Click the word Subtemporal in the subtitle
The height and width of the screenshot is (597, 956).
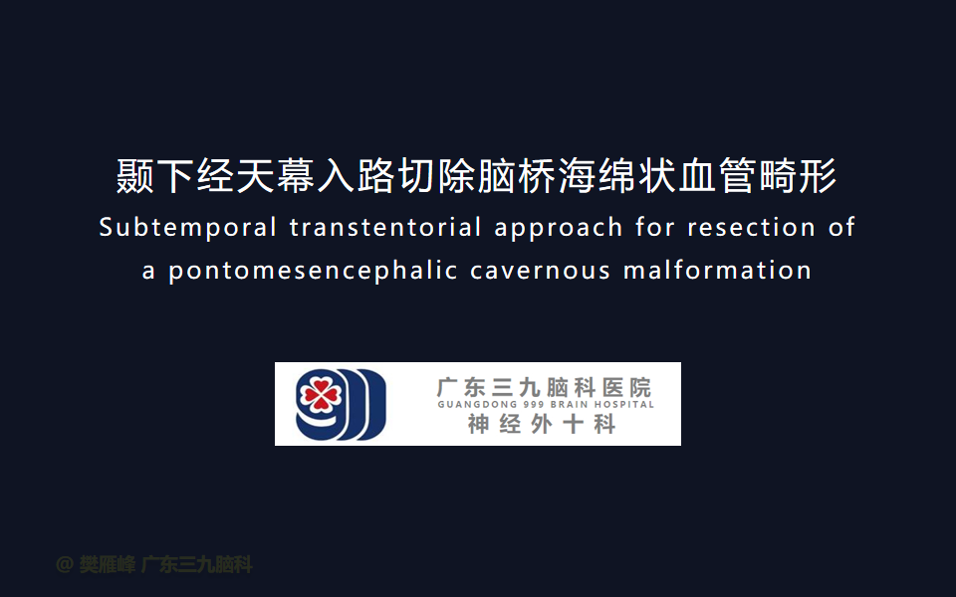[x=188, y=228]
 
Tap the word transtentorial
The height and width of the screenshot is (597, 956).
[x=385, y=227]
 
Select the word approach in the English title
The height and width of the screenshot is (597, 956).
[x=559, y=229]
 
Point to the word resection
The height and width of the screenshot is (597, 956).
[x=751, y=227]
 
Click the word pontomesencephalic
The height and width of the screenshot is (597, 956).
[x=313, y=271]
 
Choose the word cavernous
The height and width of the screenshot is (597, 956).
[x=540, y=271]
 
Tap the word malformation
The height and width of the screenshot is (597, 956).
[x=717, y=270]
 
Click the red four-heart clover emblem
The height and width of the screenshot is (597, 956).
[x=320, y=396]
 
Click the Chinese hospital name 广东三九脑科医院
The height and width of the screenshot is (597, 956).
[x=545, y=387]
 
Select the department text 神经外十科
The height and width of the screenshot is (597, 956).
[x=542, y=425]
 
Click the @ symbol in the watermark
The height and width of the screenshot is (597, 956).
[x=65, y=565]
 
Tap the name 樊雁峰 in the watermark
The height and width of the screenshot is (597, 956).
[x=107, y=565]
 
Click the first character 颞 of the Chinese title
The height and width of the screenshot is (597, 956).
[x=134, y=176]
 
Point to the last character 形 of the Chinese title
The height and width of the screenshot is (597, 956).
[x=818, y=176]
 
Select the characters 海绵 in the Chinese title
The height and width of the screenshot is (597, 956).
[x=597, y=176]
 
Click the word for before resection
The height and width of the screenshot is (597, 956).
[x=655, y=227]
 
